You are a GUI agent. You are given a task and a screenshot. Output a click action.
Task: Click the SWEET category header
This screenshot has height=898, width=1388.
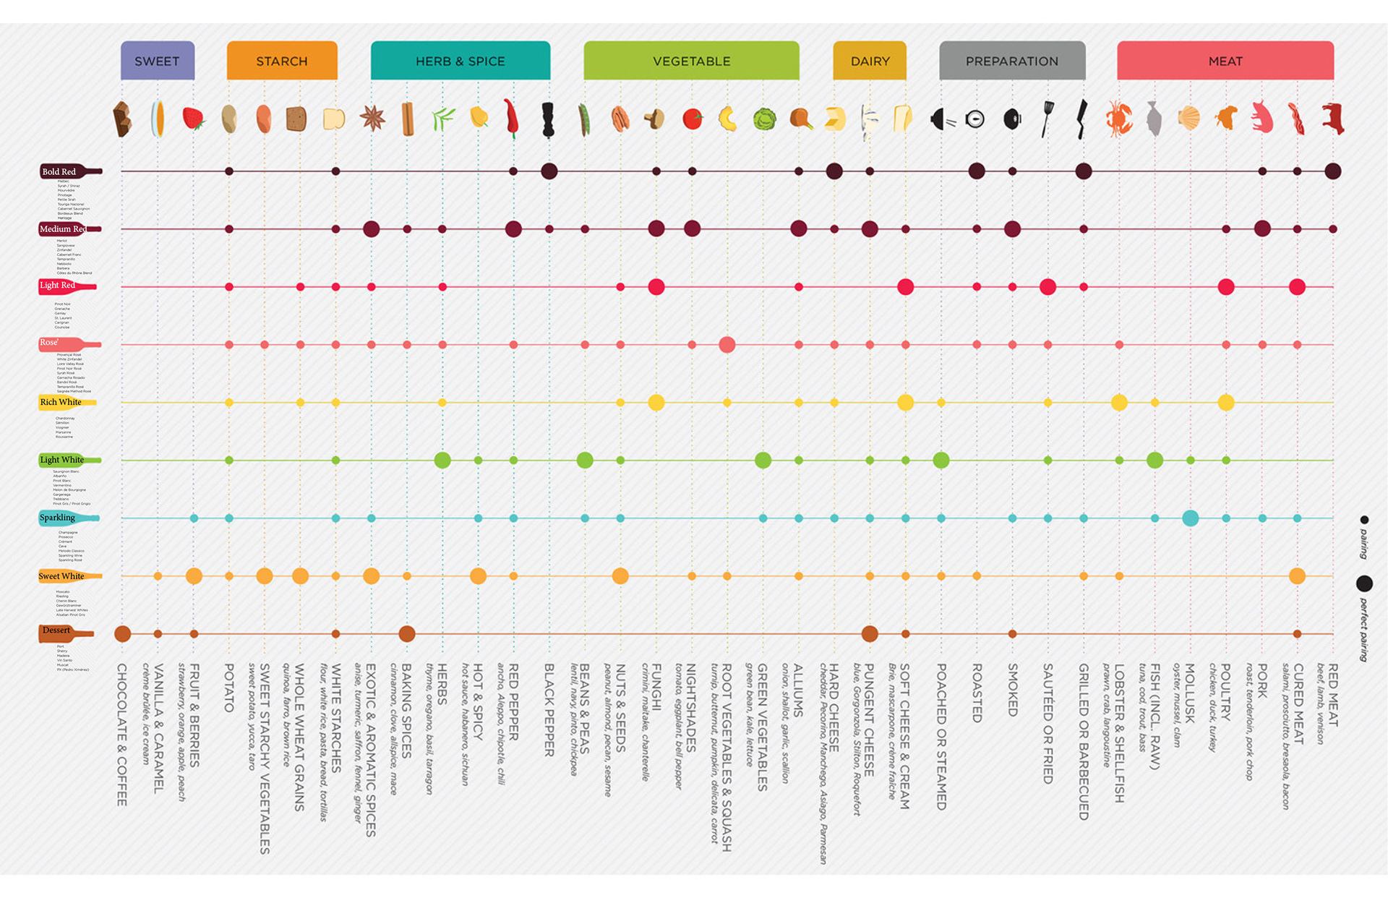point(157,61)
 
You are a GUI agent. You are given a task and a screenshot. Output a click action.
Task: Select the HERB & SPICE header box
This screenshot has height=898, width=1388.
point(460,61)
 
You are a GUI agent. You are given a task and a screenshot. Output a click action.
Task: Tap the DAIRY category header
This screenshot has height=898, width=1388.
point(870,61)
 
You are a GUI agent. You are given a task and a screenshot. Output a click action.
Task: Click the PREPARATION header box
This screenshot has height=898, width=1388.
point(1011,61)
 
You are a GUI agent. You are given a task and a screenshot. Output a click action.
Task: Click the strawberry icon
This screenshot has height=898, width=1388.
point(193,118)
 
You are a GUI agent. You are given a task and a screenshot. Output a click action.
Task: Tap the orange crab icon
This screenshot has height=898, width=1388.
point(1118,119)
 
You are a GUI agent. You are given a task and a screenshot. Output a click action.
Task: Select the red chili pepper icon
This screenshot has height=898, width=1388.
point(512,118)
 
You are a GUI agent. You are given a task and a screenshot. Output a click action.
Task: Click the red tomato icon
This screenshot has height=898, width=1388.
point(692,119)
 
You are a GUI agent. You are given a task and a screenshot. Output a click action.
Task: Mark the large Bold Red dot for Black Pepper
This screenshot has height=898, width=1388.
point(549,171)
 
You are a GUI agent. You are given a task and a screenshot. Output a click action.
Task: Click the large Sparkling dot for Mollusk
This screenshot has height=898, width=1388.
point(1190,518)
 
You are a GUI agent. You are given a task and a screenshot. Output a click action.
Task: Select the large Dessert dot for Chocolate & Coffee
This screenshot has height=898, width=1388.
point(123,634)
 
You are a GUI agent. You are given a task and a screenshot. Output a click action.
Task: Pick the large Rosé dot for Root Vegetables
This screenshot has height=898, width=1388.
point(727,345)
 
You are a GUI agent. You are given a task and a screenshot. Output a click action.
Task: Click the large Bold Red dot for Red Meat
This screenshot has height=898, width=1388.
point(1332,171)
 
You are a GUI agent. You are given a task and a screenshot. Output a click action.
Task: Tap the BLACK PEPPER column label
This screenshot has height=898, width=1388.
point(549,710)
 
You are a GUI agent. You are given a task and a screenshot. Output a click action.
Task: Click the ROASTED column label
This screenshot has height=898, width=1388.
point(977,693)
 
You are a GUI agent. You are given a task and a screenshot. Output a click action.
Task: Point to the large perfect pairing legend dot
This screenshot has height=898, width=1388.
point(1364,583)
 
